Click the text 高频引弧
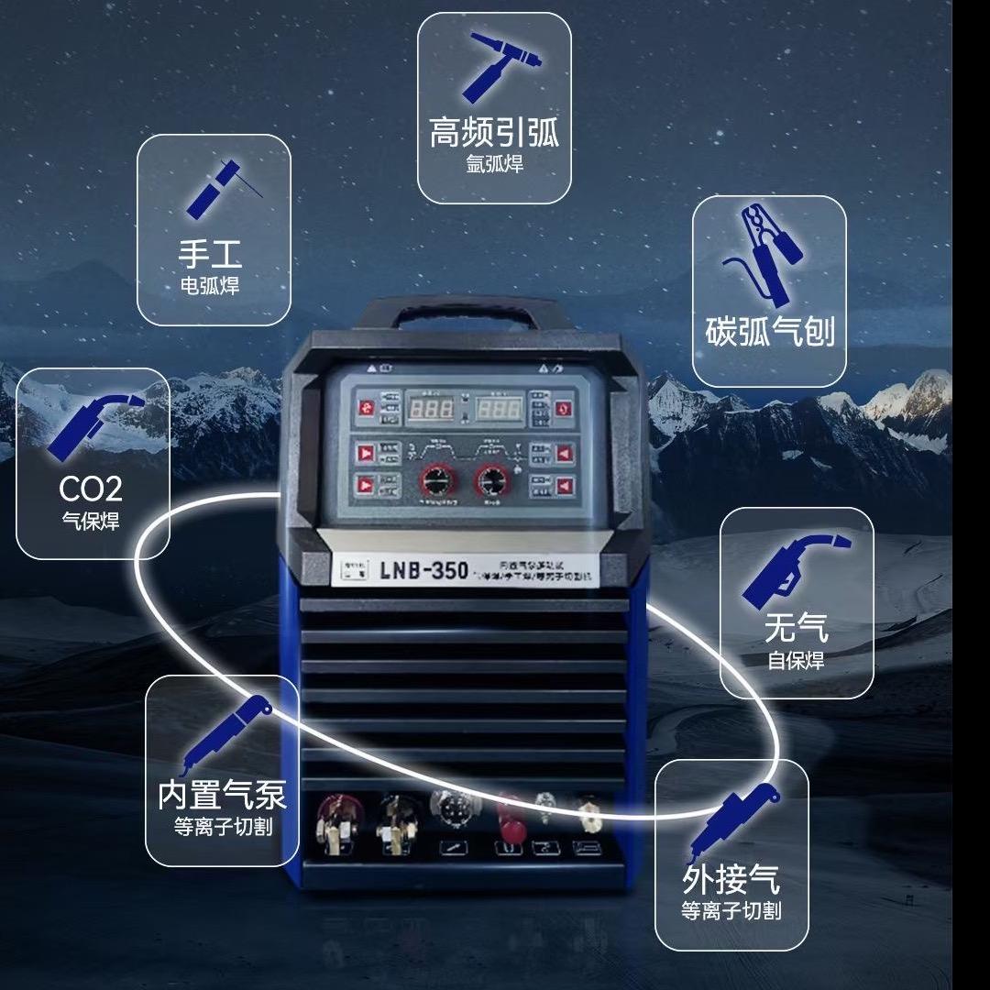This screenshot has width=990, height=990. coord(494,134)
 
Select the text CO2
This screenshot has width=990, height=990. coord(91,488)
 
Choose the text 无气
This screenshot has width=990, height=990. coord(796,628)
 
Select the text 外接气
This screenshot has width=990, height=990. coord(731,879)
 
